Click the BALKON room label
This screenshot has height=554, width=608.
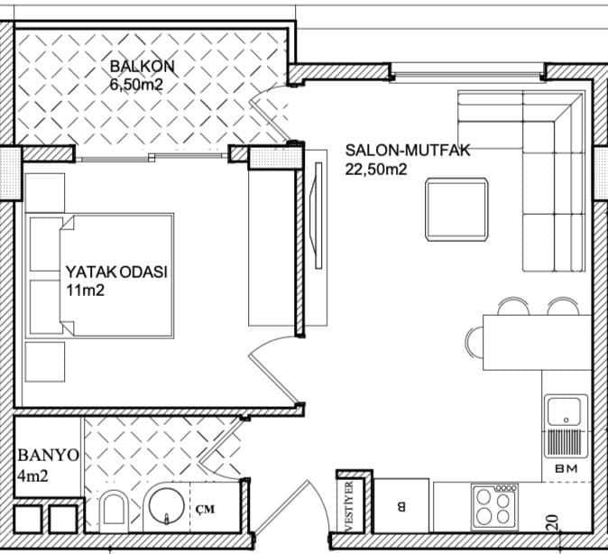click(x=143, y=67)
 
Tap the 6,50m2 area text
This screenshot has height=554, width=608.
click(x=136, y=85)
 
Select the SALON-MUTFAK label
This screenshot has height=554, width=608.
click(x=408, y=151)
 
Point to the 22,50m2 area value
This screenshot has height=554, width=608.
click(x=376, y=170)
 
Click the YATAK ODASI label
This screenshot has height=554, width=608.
click(x=116, y=272)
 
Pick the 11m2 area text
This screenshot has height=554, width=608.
click(x=86, y=291)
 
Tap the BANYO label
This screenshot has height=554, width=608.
click(x=49, y=456)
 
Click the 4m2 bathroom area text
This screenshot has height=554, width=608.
click(x=33, y=476)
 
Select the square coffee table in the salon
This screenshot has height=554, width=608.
click(x=456, y=209)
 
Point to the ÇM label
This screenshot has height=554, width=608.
click(x=205, y=509)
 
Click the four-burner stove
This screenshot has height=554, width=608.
click(x=494, y=507)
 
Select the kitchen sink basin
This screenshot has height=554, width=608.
click(x=564, y=411)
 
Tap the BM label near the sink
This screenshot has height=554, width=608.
click(x=567, y=468)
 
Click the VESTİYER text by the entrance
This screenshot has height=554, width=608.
click(x=349, y=507)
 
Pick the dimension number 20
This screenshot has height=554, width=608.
click(x=553, y=522)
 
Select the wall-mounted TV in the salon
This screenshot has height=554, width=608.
click(x=317, y=216)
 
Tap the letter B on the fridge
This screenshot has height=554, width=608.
click(x=401, y=506)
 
